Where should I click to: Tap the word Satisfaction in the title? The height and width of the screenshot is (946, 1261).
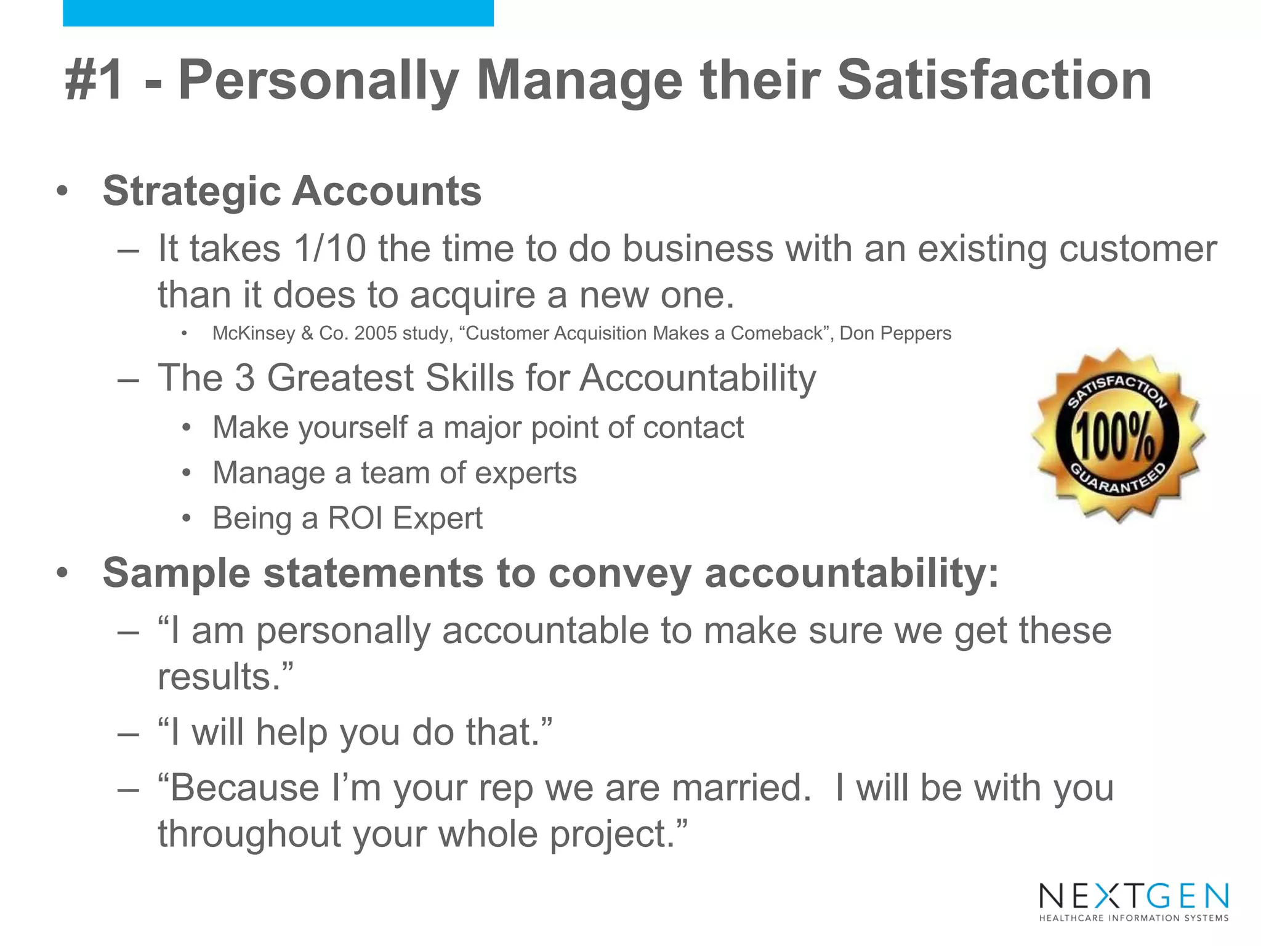click(x=994, y=80)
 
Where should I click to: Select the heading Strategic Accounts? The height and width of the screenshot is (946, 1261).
click(x=292, y=191)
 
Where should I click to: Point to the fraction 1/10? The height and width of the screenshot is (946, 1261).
click(x=330, y=249)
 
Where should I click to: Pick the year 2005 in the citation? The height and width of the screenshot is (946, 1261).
click(x=375, y=333)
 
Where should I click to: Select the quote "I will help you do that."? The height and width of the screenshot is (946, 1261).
click(x=355, y=732)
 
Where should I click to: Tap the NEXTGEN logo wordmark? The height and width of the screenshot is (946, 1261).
click(x=1134, y=896)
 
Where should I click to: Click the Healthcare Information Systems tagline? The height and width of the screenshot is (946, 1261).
click(x=1134, y=918)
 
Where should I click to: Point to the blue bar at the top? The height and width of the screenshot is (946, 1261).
click(x=278, y=13)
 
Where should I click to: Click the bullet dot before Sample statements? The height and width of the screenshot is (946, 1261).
click(x=62, y=573)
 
